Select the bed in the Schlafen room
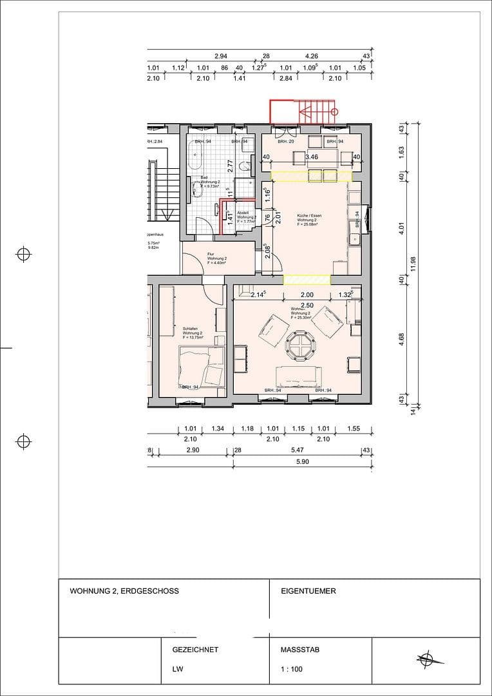202,365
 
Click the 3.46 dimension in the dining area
312,157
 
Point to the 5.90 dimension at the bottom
302,461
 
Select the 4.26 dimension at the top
312,56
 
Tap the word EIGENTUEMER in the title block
308,591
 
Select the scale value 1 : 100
292,669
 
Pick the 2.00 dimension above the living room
307,295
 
